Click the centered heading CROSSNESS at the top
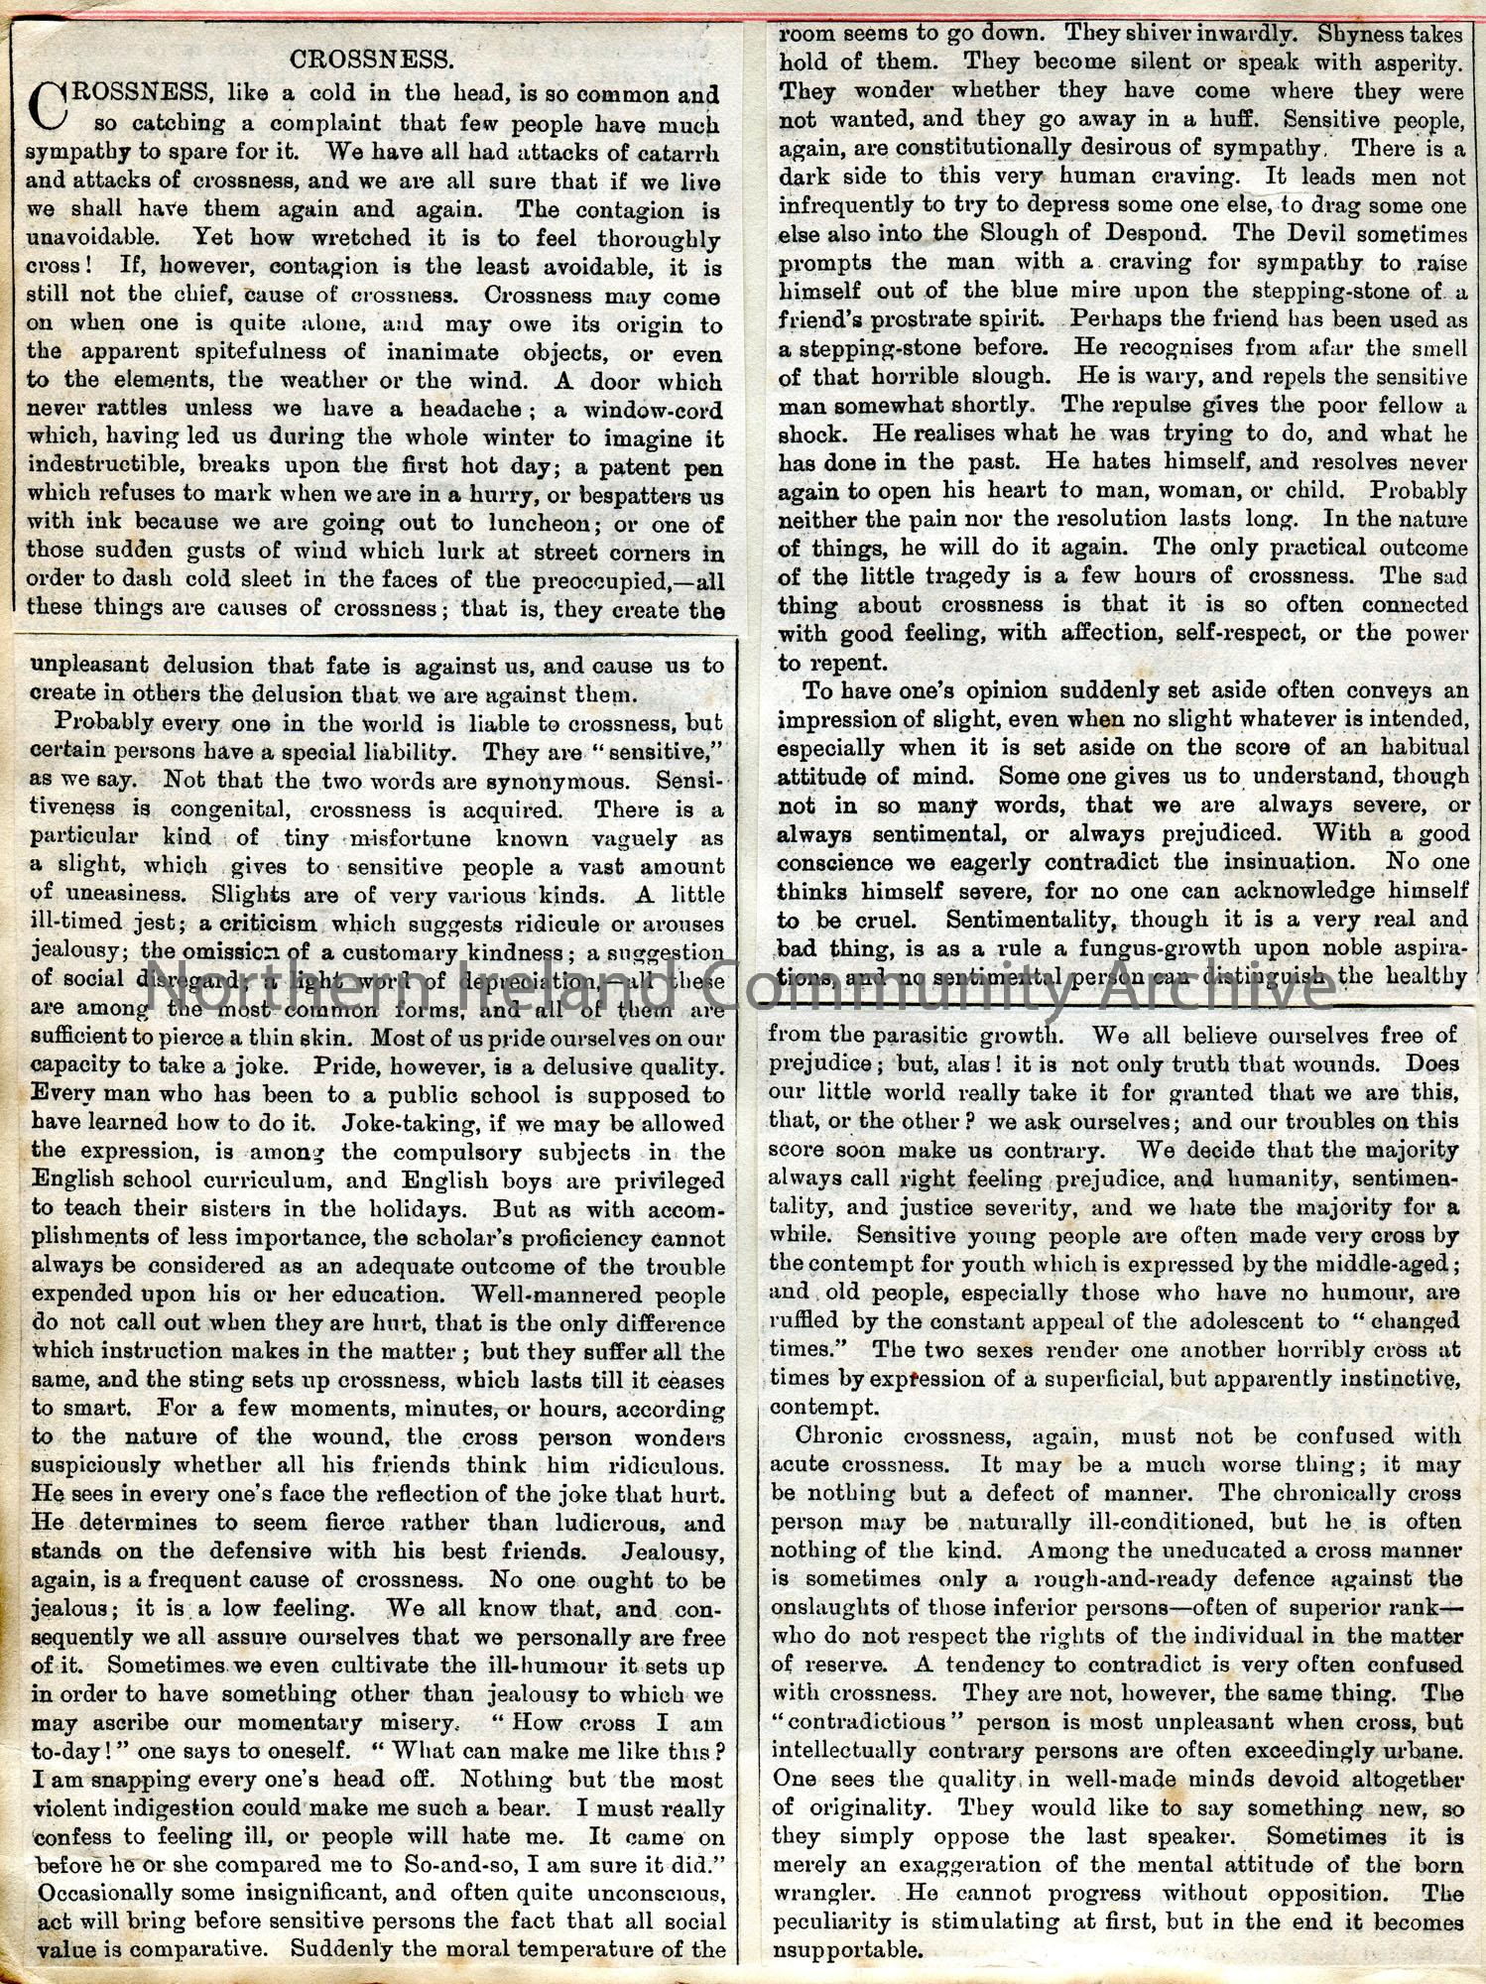(x=372, y=60)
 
